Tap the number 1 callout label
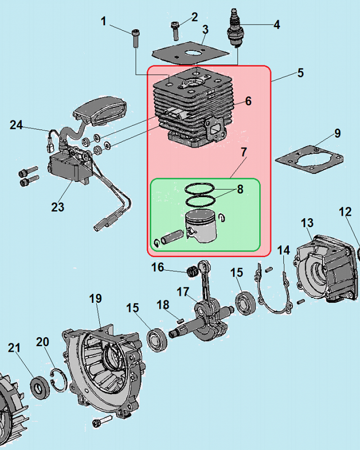[x=103, y=21]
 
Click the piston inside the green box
[x=202, y=226]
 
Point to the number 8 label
[x=240, y=189]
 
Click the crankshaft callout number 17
[x=183, y=292]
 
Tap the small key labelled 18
[x=180, y=320]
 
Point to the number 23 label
[x=58, y=207]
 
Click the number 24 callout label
[x=16, y=125]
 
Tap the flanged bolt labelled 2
[x=175, y=30]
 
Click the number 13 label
[x=307, y=223]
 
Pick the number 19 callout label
[x=95, y=298]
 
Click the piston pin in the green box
[x=171, y=237]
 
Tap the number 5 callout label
[x=301, y=73]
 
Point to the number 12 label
[x=345, y=212]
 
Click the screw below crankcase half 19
[x=102, y=421]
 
